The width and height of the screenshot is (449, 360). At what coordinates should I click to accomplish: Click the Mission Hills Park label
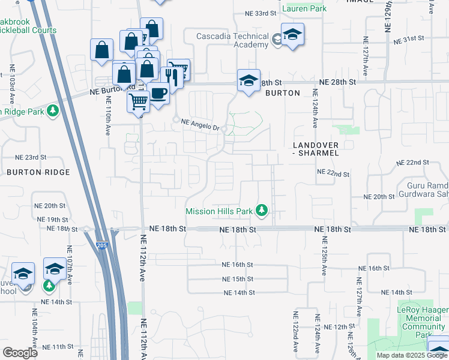(x=218, y=211)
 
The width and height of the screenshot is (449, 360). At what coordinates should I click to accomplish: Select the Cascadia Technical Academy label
(x=233, y=41)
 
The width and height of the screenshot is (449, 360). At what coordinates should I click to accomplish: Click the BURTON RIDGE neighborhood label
(x=38, y=172)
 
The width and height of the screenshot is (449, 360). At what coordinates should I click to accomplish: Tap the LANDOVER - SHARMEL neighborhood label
(x=316, y=149)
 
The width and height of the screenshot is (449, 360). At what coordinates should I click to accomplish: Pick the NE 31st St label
(x=409, y=38)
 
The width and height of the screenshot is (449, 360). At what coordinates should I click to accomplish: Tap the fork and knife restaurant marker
(x=171, y=76)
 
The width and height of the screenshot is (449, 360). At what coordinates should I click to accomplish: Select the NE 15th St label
(x=238, y=279)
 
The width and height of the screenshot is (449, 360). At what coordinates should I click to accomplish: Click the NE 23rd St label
(x=31, y=157)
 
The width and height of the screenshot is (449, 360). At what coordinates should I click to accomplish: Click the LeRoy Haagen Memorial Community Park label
(x=424, y=319)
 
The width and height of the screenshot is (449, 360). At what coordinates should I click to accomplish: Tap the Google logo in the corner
(x=20, y=352)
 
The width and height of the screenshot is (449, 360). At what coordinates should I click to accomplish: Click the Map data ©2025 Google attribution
(x=412, y=355)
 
